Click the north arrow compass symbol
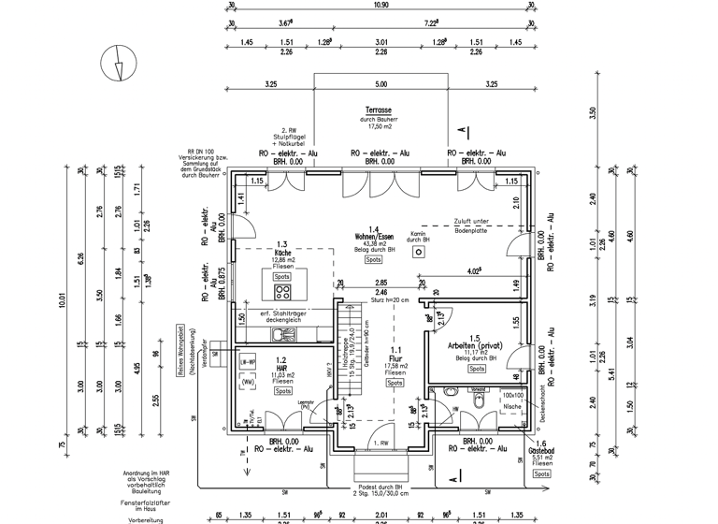(116, 65)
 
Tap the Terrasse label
(379, 109)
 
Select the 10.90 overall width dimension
(381, 6)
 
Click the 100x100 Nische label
(511, 401)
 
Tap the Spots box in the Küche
(280, 277)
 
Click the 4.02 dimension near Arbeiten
(474, 272)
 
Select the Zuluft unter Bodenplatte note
(480, 225)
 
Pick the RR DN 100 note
(201, 151)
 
